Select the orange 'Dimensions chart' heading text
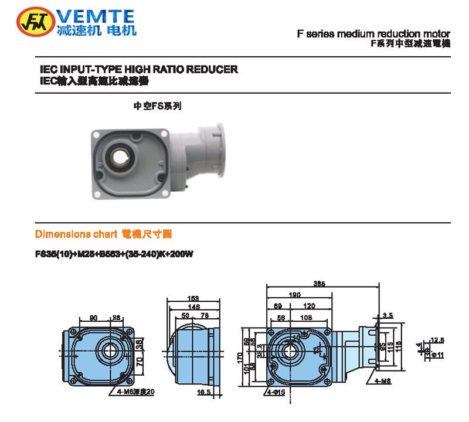(76, 234)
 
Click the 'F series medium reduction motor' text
(373, 33)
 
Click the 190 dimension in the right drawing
(294, 295)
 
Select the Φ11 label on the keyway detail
(437, 355)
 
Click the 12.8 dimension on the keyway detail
(437, 339)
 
